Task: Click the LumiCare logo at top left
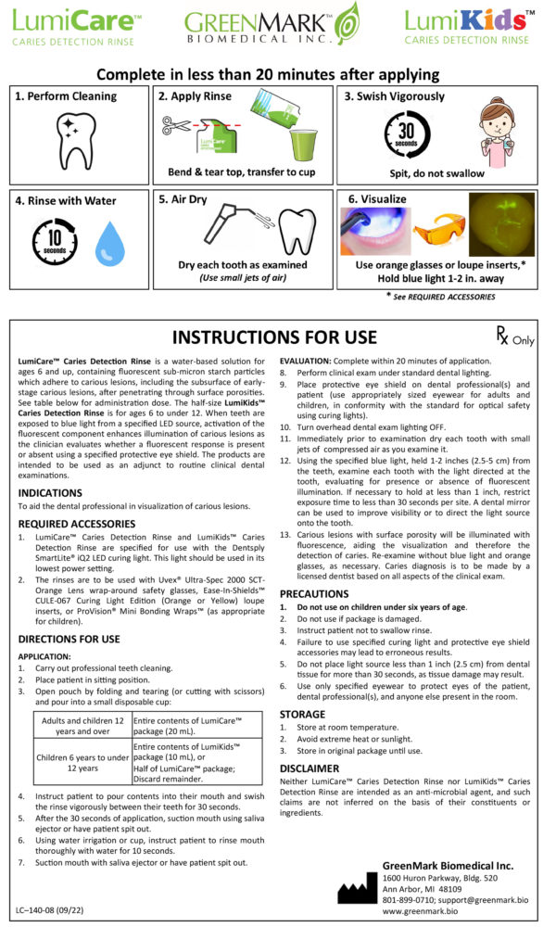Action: [x=74, y=25]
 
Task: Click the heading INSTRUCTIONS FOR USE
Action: [x=275, y=337]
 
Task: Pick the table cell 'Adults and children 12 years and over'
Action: [x=83, y=725]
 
